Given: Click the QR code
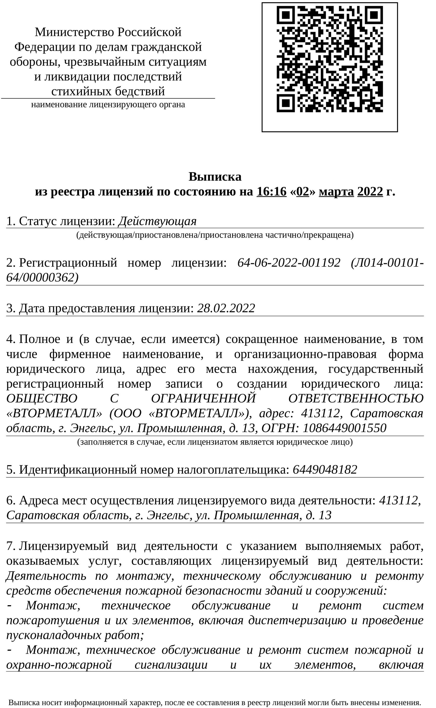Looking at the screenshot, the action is point(330,59).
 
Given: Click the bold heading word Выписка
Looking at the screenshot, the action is point(215,177).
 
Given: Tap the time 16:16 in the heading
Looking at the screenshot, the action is point(272,192).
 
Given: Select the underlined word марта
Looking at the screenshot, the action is point(336,192).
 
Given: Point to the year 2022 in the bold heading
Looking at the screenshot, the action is point(370,192).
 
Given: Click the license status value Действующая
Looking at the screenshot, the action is point(158,221).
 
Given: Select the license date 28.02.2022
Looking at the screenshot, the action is point(226,308).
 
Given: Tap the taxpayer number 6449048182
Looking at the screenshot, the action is point(325,469).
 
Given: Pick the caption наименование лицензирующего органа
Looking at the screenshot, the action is point(108,104).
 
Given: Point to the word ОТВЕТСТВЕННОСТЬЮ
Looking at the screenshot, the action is point(356,399).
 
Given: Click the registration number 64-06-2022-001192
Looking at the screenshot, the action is point(289,263).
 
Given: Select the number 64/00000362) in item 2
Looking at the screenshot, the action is point(42,278).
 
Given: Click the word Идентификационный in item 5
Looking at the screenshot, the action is point(78,469).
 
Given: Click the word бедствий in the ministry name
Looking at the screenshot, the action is point(140,91).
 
